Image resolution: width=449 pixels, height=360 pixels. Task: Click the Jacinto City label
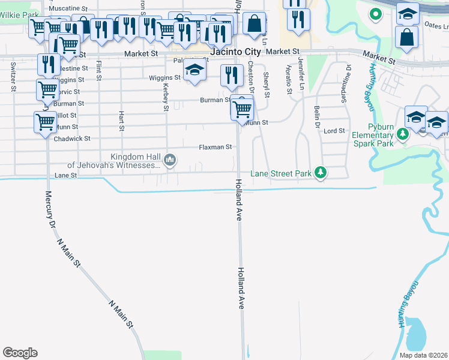(x=235, y=53)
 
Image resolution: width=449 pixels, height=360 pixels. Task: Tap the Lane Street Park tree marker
(x=321, y=173)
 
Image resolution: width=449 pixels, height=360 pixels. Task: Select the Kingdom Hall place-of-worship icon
(x=170, y=160)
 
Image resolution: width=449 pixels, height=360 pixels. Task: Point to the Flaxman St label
(x=215, y=147)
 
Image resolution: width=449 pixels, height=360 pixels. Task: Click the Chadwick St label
(x=71, y=139)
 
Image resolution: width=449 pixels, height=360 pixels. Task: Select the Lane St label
(x=66, y=175)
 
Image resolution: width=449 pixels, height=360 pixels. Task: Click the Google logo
(x=20, y=353)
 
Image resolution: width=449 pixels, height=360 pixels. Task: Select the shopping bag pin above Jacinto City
(x=255, y=24)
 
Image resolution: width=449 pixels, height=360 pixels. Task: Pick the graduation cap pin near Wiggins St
(x=194, y=71)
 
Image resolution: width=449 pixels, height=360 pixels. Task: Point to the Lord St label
(x=334, y=131)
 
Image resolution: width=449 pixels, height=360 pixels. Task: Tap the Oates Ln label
(x=436, y=25)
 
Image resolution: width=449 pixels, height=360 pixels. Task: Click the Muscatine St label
(x=68, y=9)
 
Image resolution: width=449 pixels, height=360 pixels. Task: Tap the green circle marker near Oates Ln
(x=376, y=13)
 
